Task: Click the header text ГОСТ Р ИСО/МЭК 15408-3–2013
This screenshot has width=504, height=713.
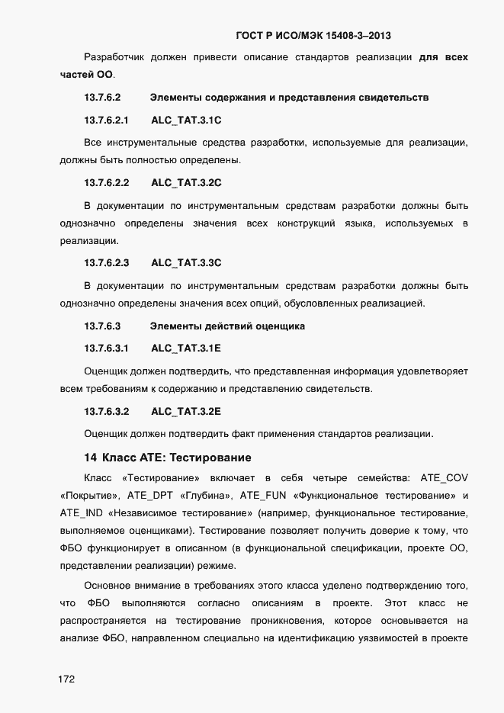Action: tap(315, 35)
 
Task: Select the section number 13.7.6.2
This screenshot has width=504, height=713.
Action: tap(102, 98)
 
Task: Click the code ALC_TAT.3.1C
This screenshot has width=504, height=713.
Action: tap(186, 120)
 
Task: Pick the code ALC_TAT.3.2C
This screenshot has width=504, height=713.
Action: tap(186, 183)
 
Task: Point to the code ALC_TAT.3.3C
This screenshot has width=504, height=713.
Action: tap(186, 263)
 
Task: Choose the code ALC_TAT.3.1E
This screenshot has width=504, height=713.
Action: tap(186, 348)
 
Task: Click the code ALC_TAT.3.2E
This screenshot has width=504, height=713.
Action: tap(186, 412)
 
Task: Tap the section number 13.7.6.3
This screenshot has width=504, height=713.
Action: tap(102, 326)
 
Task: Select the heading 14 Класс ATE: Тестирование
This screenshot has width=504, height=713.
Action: tap(167, 458)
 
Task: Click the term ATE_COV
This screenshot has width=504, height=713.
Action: tap(443, 478)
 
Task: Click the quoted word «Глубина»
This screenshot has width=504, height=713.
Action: tap(204, 495)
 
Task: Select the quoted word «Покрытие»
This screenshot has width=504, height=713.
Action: tap(85, 495)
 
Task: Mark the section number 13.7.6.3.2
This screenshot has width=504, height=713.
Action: tap(106, 412)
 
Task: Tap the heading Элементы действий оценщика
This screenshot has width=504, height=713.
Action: tap(227, 326)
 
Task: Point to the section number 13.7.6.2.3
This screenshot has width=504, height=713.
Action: tap(106, 263)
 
